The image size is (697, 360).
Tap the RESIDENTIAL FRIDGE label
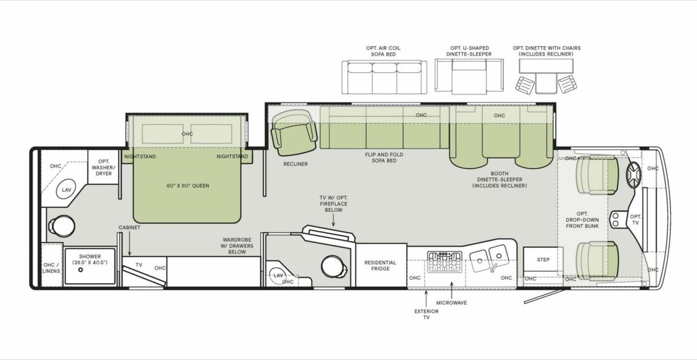click(380, 265)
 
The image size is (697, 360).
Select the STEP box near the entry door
click(543, 260)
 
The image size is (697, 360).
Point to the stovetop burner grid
click(445, 262)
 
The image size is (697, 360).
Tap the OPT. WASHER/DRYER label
click(104, 167)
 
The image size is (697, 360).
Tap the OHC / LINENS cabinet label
click(52, 267)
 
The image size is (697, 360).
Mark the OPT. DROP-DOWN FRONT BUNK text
click(582, 219)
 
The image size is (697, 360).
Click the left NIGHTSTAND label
click(140, 156)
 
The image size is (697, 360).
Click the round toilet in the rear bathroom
click(59, 225)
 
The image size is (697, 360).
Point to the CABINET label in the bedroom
click(130, 227)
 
